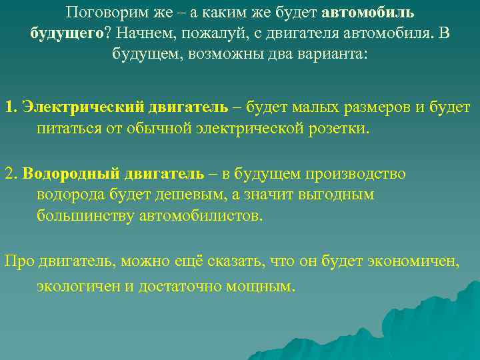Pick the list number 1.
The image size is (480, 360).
9,107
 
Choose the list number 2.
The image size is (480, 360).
10,174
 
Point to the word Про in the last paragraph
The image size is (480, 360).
17,261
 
